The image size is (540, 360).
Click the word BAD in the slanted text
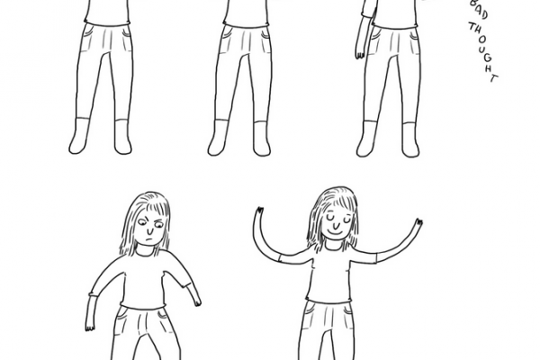(x=479, y=10)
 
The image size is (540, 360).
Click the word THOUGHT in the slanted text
(x=483, y=52)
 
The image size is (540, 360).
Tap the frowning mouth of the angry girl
(x=149, y=238)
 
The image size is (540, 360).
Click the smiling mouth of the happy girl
(x=336, y=231)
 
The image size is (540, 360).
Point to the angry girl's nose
(x=149, y=229)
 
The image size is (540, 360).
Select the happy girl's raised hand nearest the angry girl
(x=259, y=211)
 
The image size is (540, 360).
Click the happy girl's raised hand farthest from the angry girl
(x=418, y=222)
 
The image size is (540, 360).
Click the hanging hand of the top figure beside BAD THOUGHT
(x=359, y=54)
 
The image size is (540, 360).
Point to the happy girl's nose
(x=335, y=222)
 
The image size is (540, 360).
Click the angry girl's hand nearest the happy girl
(x=197, y=302)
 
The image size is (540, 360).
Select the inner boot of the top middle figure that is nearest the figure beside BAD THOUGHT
(x=262, y=139)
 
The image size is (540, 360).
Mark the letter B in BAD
(x=474, y=4)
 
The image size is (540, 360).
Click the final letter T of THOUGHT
(x=494, y=78)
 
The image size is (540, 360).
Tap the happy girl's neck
(x=333, y=244)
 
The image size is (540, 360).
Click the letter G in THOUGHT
(x=486, y=58)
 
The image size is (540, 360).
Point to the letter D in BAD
(x=483, y=15)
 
